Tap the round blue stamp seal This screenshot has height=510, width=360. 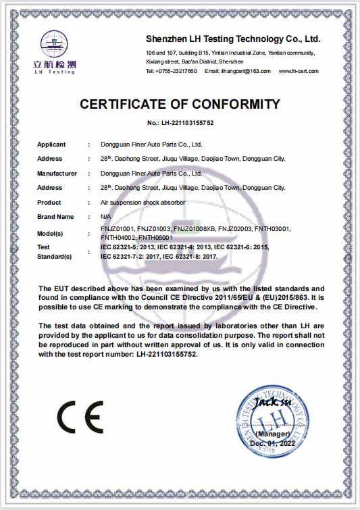coord(269,417)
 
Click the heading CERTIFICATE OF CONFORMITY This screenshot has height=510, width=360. coord(180,104)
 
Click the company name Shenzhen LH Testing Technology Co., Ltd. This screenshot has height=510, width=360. coord(233,39)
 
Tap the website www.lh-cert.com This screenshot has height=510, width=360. coord(298,71)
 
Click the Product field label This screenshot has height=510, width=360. coord(49,203)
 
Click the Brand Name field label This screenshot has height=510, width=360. coord(55,217)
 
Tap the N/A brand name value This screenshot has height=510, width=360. coord(105,217)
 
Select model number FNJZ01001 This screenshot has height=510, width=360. coord(116,230)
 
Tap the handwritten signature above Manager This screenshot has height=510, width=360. coord(272,403)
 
